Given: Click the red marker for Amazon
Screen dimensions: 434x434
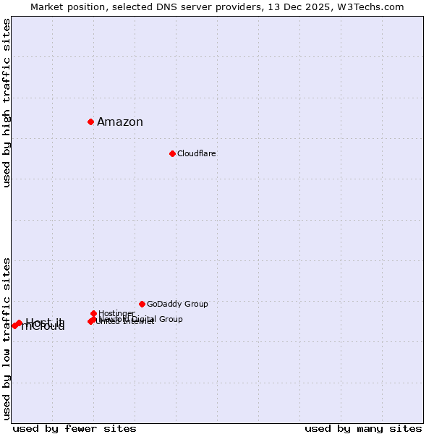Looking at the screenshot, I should click(x=90, y=122).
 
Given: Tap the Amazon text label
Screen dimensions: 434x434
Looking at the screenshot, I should click(x=120, y=122).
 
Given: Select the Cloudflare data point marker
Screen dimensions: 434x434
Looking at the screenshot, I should click(x=172, y=153).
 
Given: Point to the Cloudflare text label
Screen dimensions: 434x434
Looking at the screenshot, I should click(x=197, y=153).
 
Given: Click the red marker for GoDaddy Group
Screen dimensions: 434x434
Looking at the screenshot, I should click(x=142, y=304).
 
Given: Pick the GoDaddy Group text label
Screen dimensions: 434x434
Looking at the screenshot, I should click(x=177, y=304).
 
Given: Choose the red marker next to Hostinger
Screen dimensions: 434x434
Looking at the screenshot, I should click(x=93, y=313).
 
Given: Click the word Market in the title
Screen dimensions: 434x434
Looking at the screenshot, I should click(x=47, y=7).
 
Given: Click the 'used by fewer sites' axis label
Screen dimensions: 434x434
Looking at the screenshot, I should click(x=75, y=428).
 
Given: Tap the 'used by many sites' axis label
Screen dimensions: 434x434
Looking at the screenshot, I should click(x=363, y=428).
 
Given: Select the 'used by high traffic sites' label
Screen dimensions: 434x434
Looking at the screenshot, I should click(x=7, y=103).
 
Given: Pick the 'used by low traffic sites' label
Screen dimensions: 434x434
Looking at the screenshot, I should click(x=7, y=338).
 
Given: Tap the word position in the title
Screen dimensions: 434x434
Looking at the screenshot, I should click(x=90, y=7).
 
